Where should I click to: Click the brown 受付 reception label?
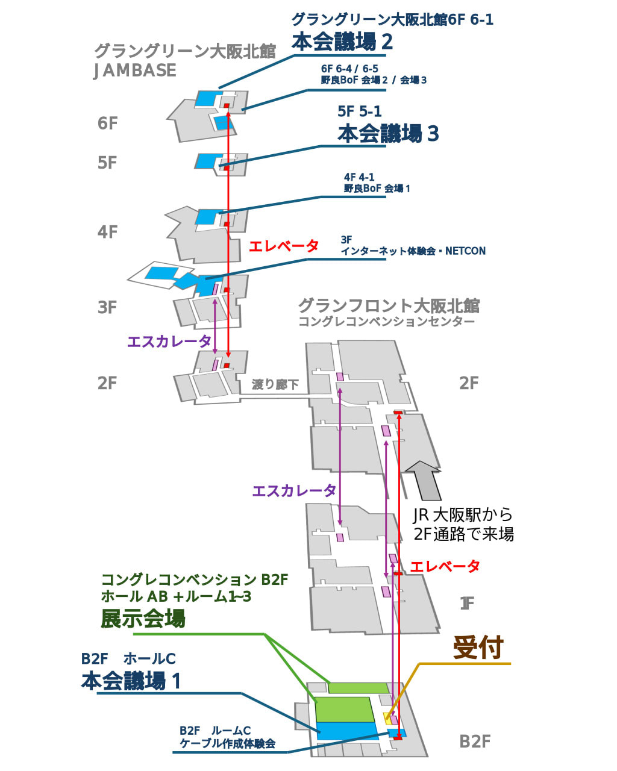click(x=478, y=648)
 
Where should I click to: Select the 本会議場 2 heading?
click(x=342, y=42)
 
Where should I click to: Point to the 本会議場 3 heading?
click(x=388, y=133)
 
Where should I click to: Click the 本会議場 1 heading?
click(x=131, y=681)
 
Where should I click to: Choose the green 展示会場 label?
click(x=143, y=619)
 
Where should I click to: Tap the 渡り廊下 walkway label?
click(x=275, y=384)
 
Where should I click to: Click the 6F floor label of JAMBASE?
click(x=107, y=123)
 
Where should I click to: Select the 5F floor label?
click(x=107, y=163)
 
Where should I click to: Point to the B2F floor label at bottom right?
click(x=475, y=741)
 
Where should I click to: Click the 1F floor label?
click(x=467, y=603)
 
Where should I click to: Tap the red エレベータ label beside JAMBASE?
click(x=284, y=246)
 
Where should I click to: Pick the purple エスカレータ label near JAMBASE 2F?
click(x=169, y=342)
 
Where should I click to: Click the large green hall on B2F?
click(x=344, y=709)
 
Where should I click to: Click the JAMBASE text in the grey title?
click(x=135, y=70)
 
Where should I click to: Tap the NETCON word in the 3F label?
click(x=465, y=251)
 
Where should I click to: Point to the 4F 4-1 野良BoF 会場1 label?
click(x=377, y=183)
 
